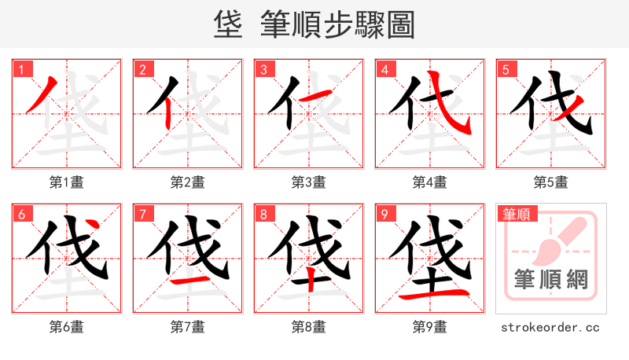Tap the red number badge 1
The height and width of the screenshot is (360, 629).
click(21, 69)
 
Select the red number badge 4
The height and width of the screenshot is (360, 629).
click(384, 69)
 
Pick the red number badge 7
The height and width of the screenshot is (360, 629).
click(142, 214)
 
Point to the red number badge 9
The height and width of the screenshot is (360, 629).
click(384, 214)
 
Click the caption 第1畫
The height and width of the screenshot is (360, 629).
click(67, 182)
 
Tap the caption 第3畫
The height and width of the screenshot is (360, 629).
click(309, 182)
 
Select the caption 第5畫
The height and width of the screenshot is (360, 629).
click(551, 182)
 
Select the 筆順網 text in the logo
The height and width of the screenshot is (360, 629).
click(551, 279)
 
